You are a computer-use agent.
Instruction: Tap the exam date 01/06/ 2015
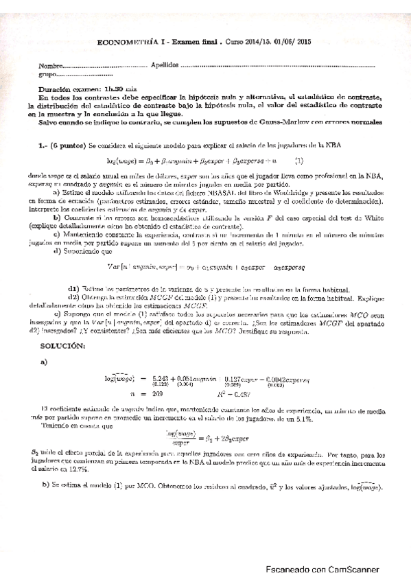coord(292,41)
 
